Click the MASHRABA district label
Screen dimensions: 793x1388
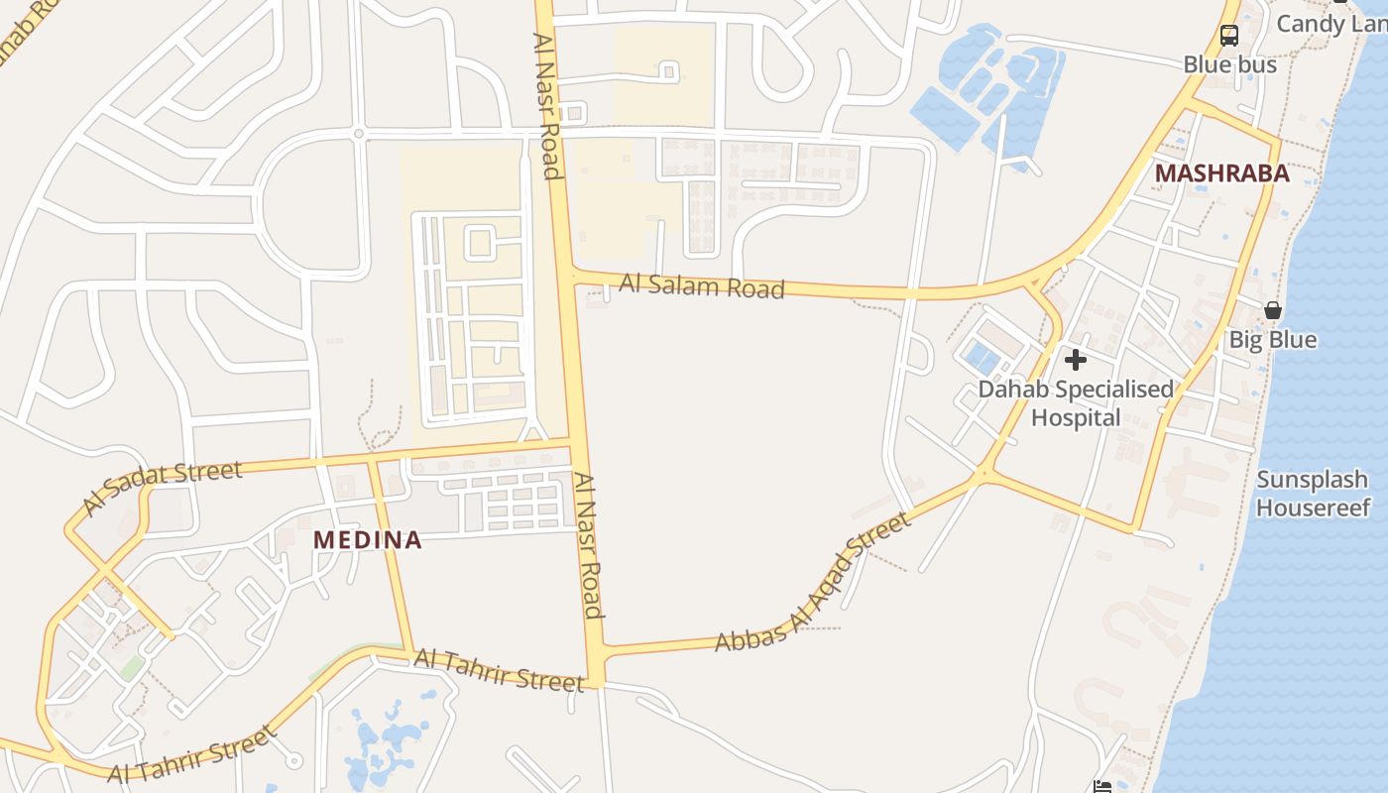click(1222, 173)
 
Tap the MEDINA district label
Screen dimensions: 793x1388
click(368, 540)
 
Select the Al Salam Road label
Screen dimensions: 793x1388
click(702, 286)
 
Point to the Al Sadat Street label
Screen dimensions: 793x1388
click(163, 487)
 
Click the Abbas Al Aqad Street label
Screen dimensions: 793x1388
click(812, 582)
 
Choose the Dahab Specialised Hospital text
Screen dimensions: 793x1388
click(1076, 403)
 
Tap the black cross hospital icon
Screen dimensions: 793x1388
click(1076, 359)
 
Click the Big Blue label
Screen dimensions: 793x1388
click(1273, 340)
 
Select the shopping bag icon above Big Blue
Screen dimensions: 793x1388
click(1273, 310)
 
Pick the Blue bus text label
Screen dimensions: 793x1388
click(1229, 64)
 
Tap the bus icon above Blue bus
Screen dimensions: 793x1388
click(1229, 36)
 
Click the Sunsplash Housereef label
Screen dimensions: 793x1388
click(1313, 494)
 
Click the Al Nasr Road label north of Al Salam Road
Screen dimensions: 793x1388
click(547, 106)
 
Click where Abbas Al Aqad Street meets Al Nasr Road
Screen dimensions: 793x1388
click(598, 652)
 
